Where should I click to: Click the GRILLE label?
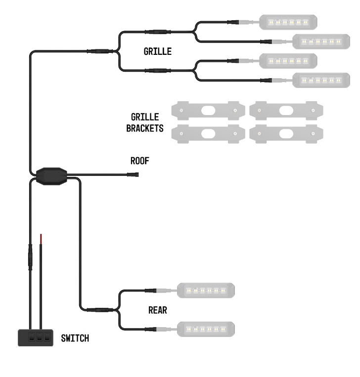(x=157, y=51)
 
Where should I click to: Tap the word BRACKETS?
(x=145, y=128)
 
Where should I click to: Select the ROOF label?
(x=139, y=161)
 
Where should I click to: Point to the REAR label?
(x=157, y=310)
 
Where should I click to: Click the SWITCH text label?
(x=75, y=338)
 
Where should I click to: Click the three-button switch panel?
(x=35, y=338)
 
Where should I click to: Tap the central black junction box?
(x=51, y=175)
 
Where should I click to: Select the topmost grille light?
(x=288, y=22)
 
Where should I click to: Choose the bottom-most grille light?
(x=321, y=80)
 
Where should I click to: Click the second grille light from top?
(x=321, y=42)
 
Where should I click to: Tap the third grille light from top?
(x=288, y=61)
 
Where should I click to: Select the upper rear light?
(x=205, y=291)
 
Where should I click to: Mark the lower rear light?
(x=205, y=329)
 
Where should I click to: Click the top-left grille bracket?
(x=208, y=110)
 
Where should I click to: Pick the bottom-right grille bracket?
(x=286, y=133)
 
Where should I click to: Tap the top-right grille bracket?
(x=286, y=110)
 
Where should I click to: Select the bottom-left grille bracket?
(x=208, y=133)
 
